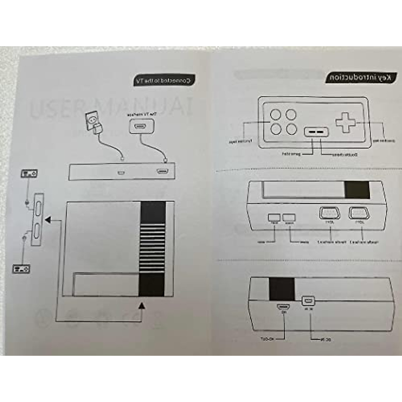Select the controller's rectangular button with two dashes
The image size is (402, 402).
click(316, 132)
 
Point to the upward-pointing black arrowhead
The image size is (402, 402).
click(142, 305)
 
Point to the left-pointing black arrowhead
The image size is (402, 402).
click(48, 220)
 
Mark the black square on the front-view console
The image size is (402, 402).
click(357, 190)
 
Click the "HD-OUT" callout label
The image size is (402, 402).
click(267, 339)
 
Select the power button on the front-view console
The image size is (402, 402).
click(289, 217)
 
